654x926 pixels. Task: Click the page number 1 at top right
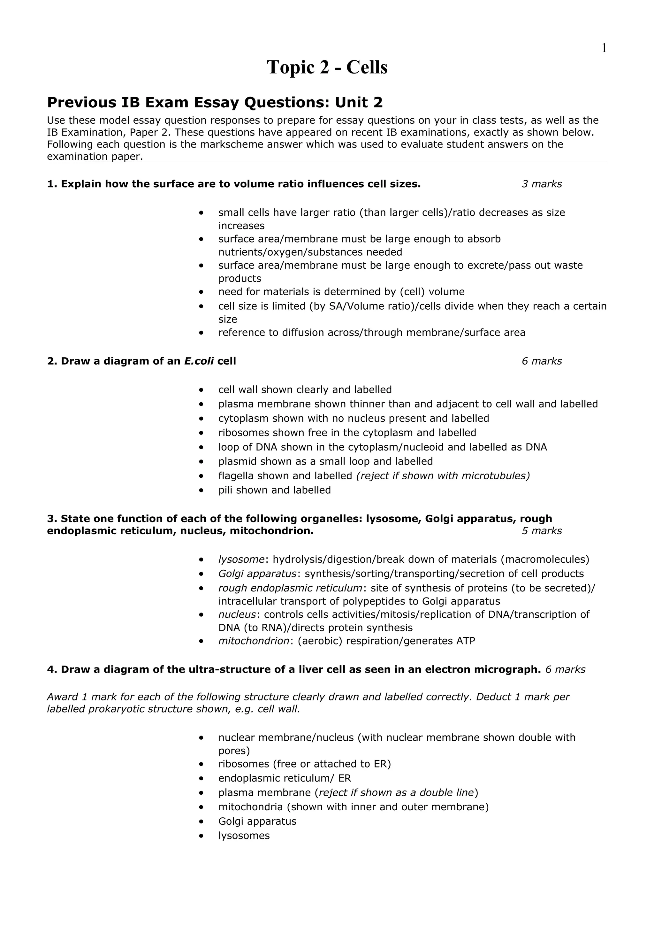[604, 48]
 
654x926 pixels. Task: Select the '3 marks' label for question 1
[542, 184]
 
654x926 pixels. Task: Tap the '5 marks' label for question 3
[542, 531]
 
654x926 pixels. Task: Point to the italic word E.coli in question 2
[199, 361]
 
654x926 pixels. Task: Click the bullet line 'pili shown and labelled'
[274, 490]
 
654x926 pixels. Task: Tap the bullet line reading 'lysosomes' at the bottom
[244, 836]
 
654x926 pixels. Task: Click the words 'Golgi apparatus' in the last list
[257, 821]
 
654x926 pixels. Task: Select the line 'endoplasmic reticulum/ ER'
[285, 778]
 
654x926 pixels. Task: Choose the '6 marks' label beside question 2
[542, 361]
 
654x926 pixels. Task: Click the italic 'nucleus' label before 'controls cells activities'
[237, 615]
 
